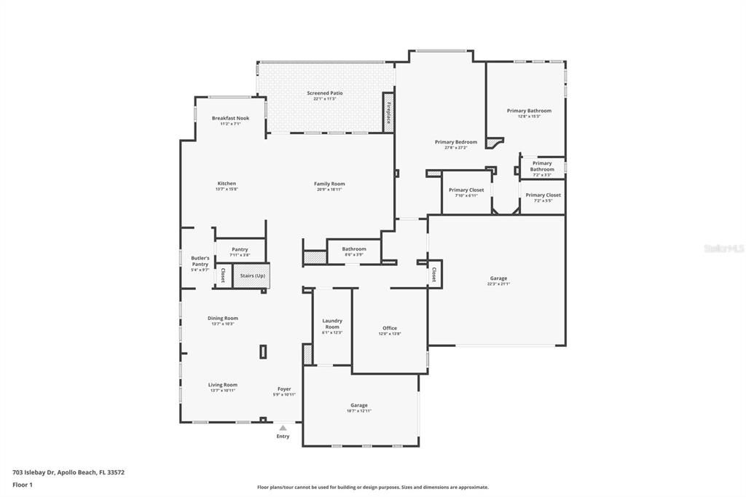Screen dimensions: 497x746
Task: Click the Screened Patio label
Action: pyautogui.click(x=324, y=93)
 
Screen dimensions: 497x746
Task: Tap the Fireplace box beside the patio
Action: pyautogui.click(x=388, y=112)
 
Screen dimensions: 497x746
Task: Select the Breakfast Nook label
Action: pyautogui.click(x=230, y=118)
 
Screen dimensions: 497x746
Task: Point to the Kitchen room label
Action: pyautogui.click(x=227, y=184)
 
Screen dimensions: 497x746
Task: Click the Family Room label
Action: pyautogui.click(x=329, y=184)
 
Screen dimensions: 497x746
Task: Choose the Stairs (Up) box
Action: pyautogui.click(x=252, y=276)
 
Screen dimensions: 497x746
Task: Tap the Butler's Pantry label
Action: pyautogui.click(x=200, y=261)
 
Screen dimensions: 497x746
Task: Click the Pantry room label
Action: pyautogui.click(x=240, y=249)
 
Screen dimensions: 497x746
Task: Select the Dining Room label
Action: pyautogui.click(x=223, y=318)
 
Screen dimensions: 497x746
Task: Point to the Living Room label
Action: pyautogui.click(x=223, y=385)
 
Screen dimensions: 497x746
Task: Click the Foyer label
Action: pyautogui.click(x=284, y=389)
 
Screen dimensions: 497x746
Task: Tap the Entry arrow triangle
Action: pyautogui.click(x=283, y=428)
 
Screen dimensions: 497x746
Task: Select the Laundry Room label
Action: pyautogui.click(x=332, y=324)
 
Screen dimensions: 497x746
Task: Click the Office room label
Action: pyautogui.click(x=390, y=328)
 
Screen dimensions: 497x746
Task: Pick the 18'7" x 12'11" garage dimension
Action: pyautogui.click(x=359, y=411)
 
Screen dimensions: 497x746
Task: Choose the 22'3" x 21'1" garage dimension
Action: pyautogui.click(x=498, y=284)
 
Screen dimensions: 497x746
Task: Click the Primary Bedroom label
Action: pyautogui.click(x=456, y=141)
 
